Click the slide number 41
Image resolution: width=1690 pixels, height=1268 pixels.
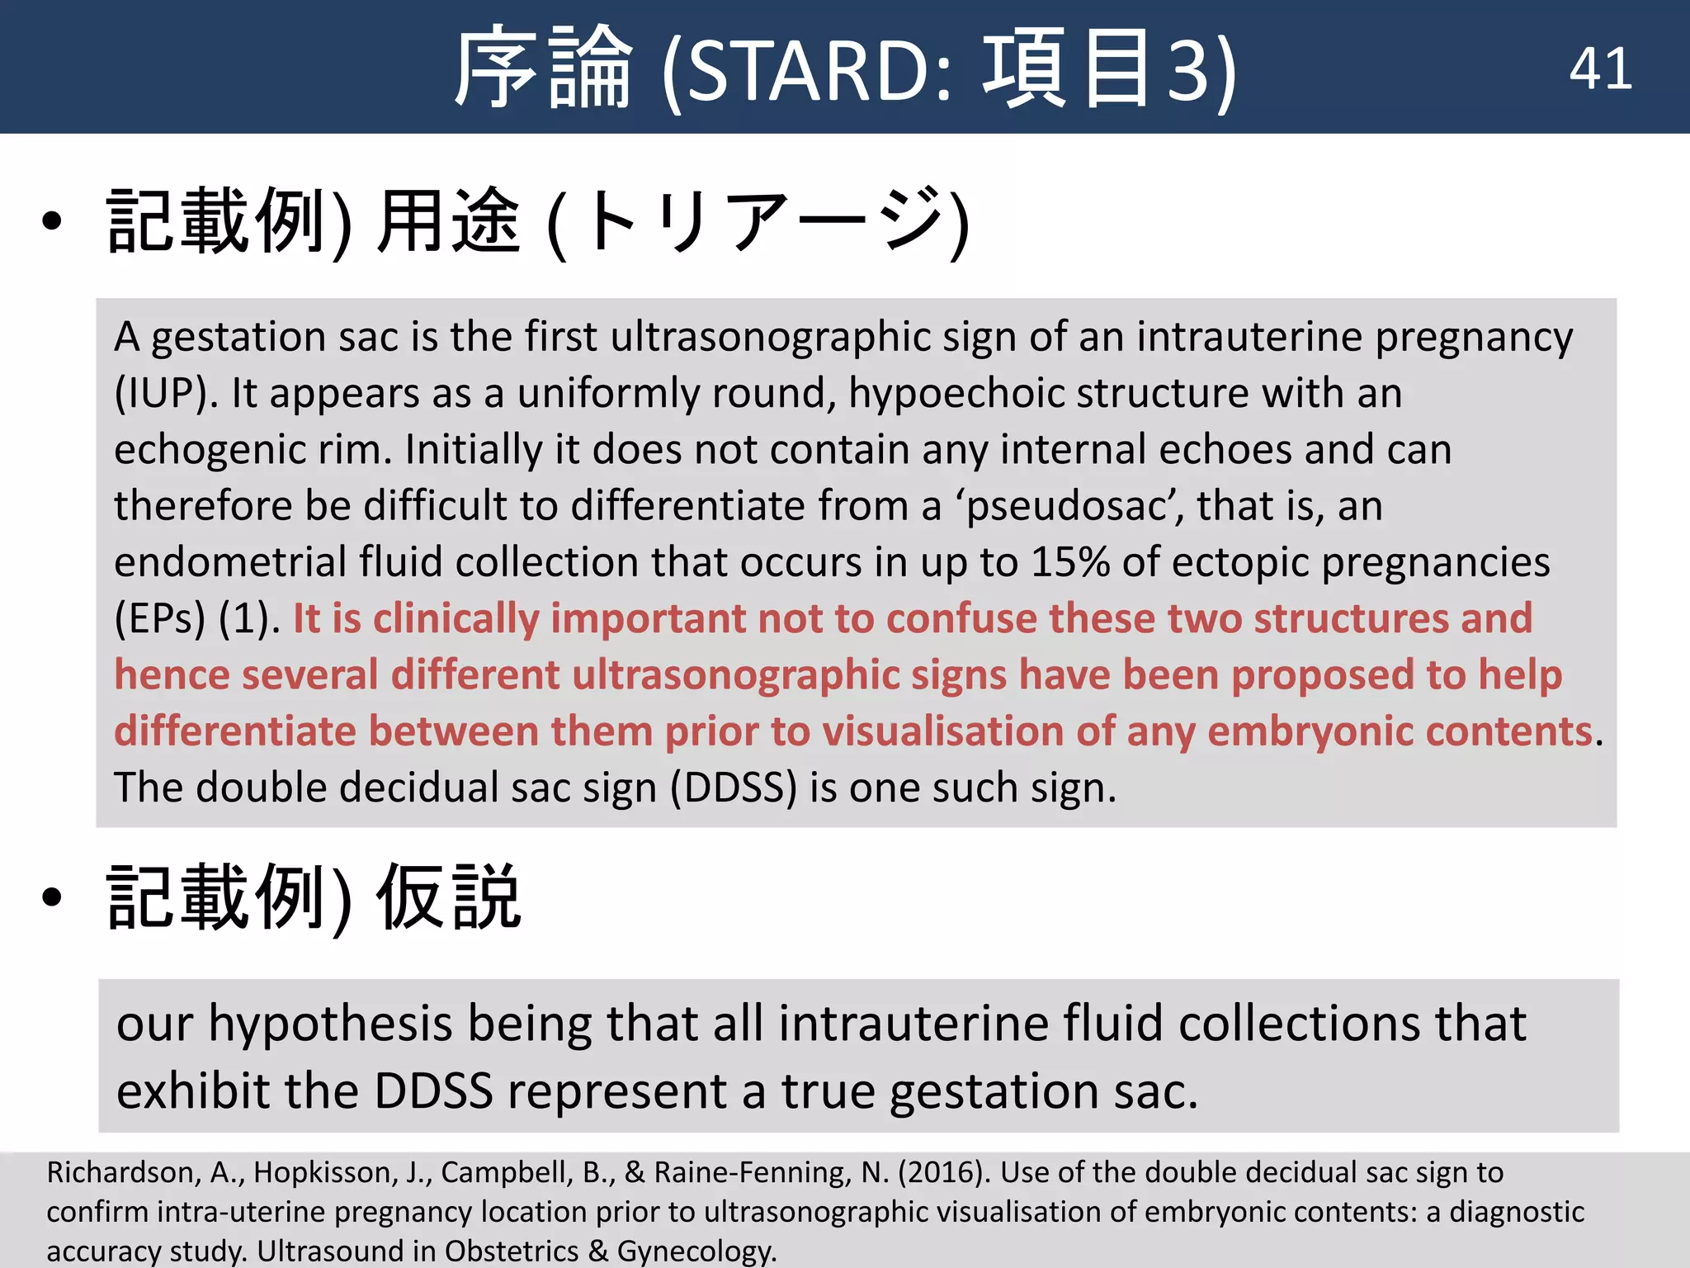click(x=1600, y=69)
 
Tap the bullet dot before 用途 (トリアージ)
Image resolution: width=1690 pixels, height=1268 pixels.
click(x=52, y=221)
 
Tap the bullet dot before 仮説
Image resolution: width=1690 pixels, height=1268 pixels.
click(x=52, y=897)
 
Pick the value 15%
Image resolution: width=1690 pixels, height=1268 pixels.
click(x=1069, y=562)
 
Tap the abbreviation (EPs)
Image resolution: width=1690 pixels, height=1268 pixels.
click(x=159, y=619)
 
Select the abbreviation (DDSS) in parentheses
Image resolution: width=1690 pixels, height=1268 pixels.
click(x=734, y=788)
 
